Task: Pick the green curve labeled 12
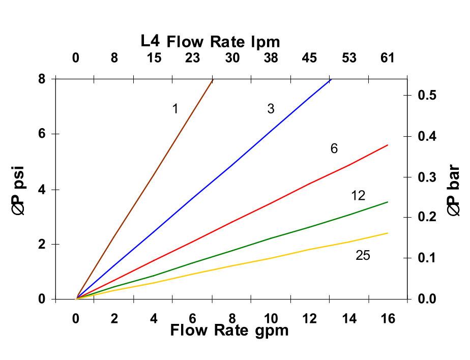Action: coord(270,238)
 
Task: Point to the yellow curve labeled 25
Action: coord(270,258)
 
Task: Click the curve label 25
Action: coord(363,255)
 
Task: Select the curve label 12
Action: coord(358,196)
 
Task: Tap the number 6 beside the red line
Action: coord(334,148)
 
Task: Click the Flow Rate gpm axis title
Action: coord(229,331)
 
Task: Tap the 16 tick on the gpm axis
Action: coord(388,319)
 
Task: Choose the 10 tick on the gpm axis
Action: coord(271,319)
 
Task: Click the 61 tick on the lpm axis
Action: coord(388,58)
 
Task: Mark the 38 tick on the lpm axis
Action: coord(271,58)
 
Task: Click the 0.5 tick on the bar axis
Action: coord(427,95)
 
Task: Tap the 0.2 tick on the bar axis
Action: coord(427,217)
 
